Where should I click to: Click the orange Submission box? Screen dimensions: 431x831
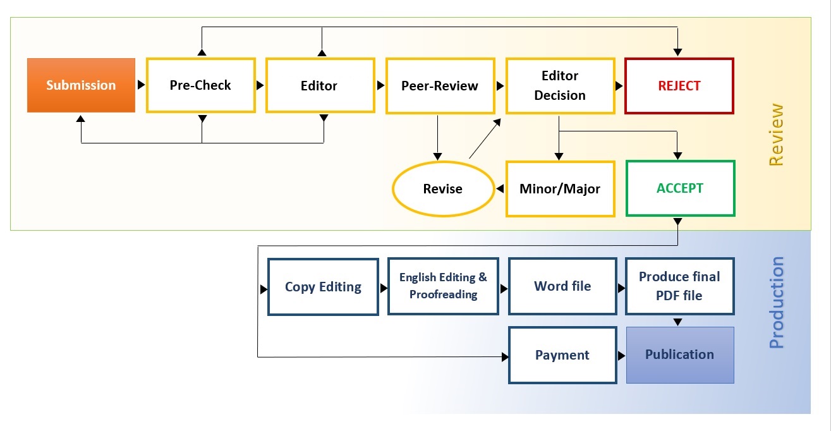coord(81,85)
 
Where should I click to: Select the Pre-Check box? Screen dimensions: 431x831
coord(200,85)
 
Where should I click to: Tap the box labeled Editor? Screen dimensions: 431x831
coord(319,86)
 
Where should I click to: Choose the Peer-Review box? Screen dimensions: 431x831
coord(439,86)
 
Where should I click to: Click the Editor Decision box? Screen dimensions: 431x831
coord(560,86)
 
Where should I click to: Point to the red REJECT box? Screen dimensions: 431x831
coord(679,86)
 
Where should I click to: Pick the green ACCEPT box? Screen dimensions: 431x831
coord(680,188)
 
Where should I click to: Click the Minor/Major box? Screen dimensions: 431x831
coord(560,189)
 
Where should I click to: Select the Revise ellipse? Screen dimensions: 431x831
coord(442,189)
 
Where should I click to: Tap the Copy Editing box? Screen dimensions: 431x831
coord(323,287)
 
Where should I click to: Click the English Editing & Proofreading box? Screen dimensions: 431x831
coord(443,286)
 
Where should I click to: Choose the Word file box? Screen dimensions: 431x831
coord(562,286)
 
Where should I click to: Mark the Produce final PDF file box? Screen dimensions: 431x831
coord(679,286)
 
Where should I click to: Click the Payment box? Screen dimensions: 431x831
coord(562,355)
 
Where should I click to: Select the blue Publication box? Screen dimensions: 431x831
coord(680,355)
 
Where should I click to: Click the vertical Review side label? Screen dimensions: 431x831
coord(776,135)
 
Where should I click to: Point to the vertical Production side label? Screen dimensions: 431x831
coord(777,303)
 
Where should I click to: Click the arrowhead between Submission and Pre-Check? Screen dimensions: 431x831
coord(141,85)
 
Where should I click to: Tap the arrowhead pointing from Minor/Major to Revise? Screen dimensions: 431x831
coord(500,189)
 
